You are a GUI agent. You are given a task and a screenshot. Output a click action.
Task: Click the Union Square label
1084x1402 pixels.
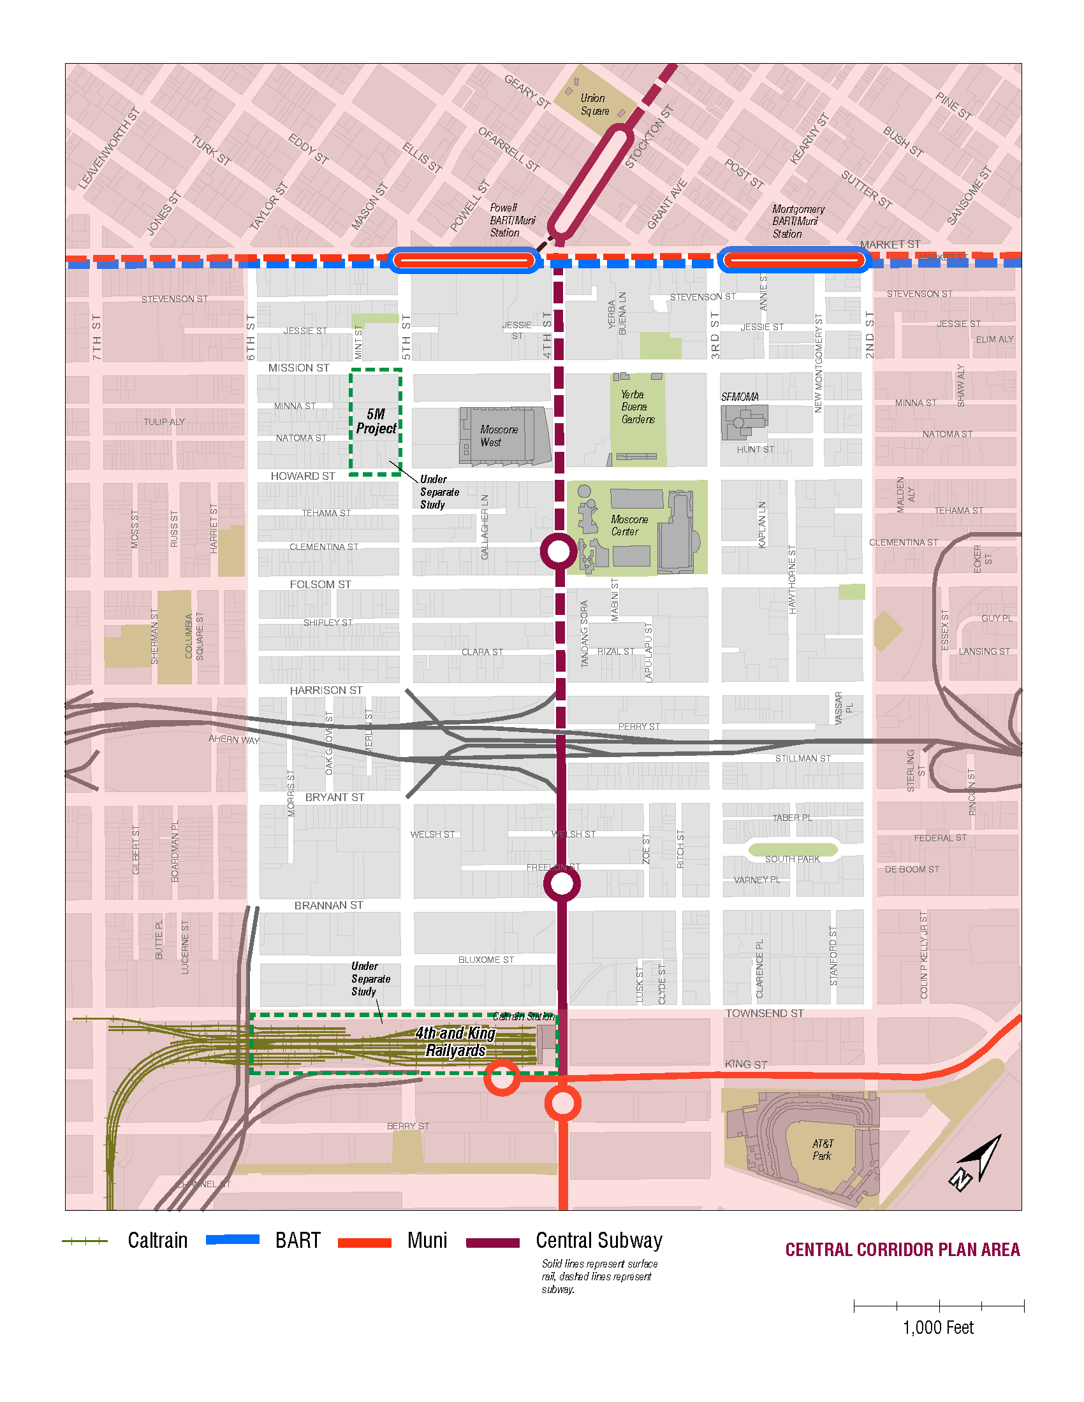[x=595, y=105]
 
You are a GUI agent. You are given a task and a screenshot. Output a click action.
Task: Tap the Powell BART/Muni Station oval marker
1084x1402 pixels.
[x=464, y=260]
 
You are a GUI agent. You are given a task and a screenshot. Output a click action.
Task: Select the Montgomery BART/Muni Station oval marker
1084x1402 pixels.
[x=794, y=260]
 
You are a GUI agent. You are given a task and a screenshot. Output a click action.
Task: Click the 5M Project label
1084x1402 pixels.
[x=376, y=421]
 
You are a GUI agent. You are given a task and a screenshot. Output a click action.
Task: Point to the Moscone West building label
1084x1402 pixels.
[x=499, y=436]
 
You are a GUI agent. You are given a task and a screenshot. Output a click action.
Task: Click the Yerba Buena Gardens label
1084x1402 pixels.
[x=637, y=407]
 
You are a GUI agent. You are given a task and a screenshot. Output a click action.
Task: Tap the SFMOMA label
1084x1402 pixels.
[x=740, y=397]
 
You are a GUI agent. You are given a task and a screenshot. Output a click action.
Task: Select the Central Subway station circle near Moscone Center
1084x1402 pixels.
[x=558, y=551]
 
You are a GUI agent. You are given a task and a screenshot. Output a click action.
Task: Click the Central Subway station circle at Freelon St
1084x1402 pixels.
[x=561, y=884]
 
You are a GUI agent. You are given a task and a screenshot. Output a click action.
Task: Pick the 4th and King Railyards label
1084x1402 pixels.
[x=455, y=1041]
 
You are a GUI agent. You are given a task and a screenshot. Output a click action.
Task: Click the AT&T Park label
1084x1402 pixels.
[x=822, y=1150]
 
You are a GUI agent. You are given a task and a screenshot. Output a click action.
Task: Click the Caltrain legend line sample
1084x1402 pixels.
[x=85, y=1241]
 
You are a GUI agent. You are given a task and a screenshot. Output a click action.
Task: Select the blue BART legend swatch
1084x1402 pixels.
[x=233, y=1239]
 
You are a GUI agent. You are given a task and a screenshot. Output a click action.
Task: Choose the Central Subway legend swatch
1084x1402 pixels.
[x=492, y=1243]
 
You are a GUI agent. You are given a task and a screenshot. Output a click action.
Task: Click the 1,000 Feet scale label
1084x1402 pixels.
[x=937, y=1327]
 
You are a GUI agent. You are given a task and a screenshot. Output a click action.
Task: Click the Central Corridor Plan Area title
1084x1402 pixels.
[x=902, y=1250]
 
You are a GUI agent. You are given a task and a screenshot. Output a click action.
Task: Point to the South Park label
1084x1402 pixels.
[x=792, y=859]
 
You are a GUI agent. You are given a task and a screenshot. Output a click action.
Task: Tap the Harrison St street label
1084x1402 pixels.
[x=326, y=690]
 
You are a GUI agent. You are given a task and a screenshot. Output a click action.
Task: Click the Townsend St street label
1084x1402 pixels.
[x=764, y=1013]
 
